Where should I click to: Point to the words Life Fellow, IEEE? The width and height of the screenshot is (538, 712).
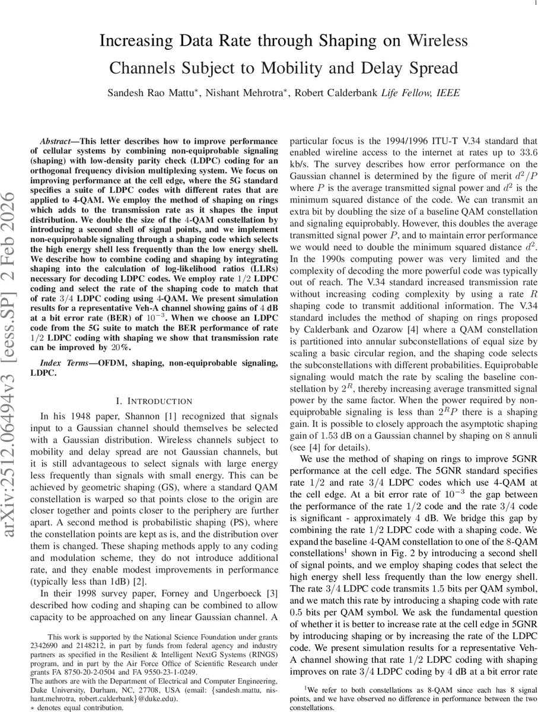click(420, 94)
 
